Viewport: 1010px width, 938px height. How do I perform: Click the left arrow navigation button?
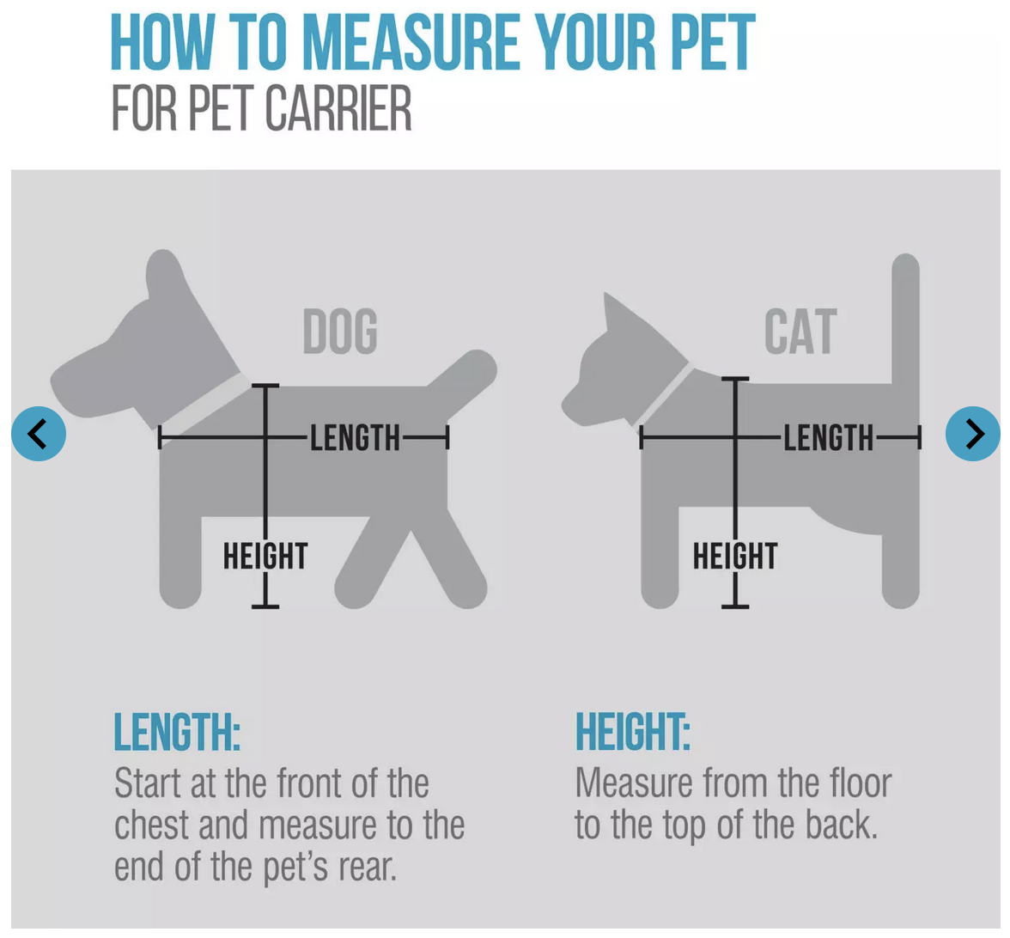[39, 434]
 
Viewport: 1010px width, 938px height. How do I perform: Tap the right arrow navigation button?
[972, 434]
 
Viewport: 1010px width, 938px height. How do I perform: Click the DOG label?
[340, 332]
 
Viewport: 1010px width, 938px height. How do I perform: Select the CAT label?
[800, 332]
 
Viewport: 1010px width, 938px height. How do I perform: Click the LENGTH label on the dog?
[356, 438]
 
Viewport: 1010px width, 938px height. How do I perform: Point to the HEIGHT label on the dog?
[265, 556]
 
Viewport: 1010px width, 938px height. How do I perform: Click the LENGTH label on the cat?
[828, 438]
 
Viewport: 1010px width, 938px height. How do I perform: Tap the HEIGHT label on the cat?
[735, 556]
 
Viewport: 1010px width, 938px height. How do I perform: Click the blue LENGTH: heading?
[177, 732]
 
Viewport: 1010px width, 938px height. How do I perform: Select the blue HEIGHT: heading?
[633, 732]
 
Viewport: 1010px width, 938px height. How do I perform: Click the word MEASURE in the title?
[411, 42]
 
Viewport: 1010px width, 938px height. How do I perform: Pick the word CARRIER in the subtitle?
[338, 108]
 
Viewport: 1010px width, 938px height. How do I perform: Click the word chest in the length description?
[152, 825]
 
